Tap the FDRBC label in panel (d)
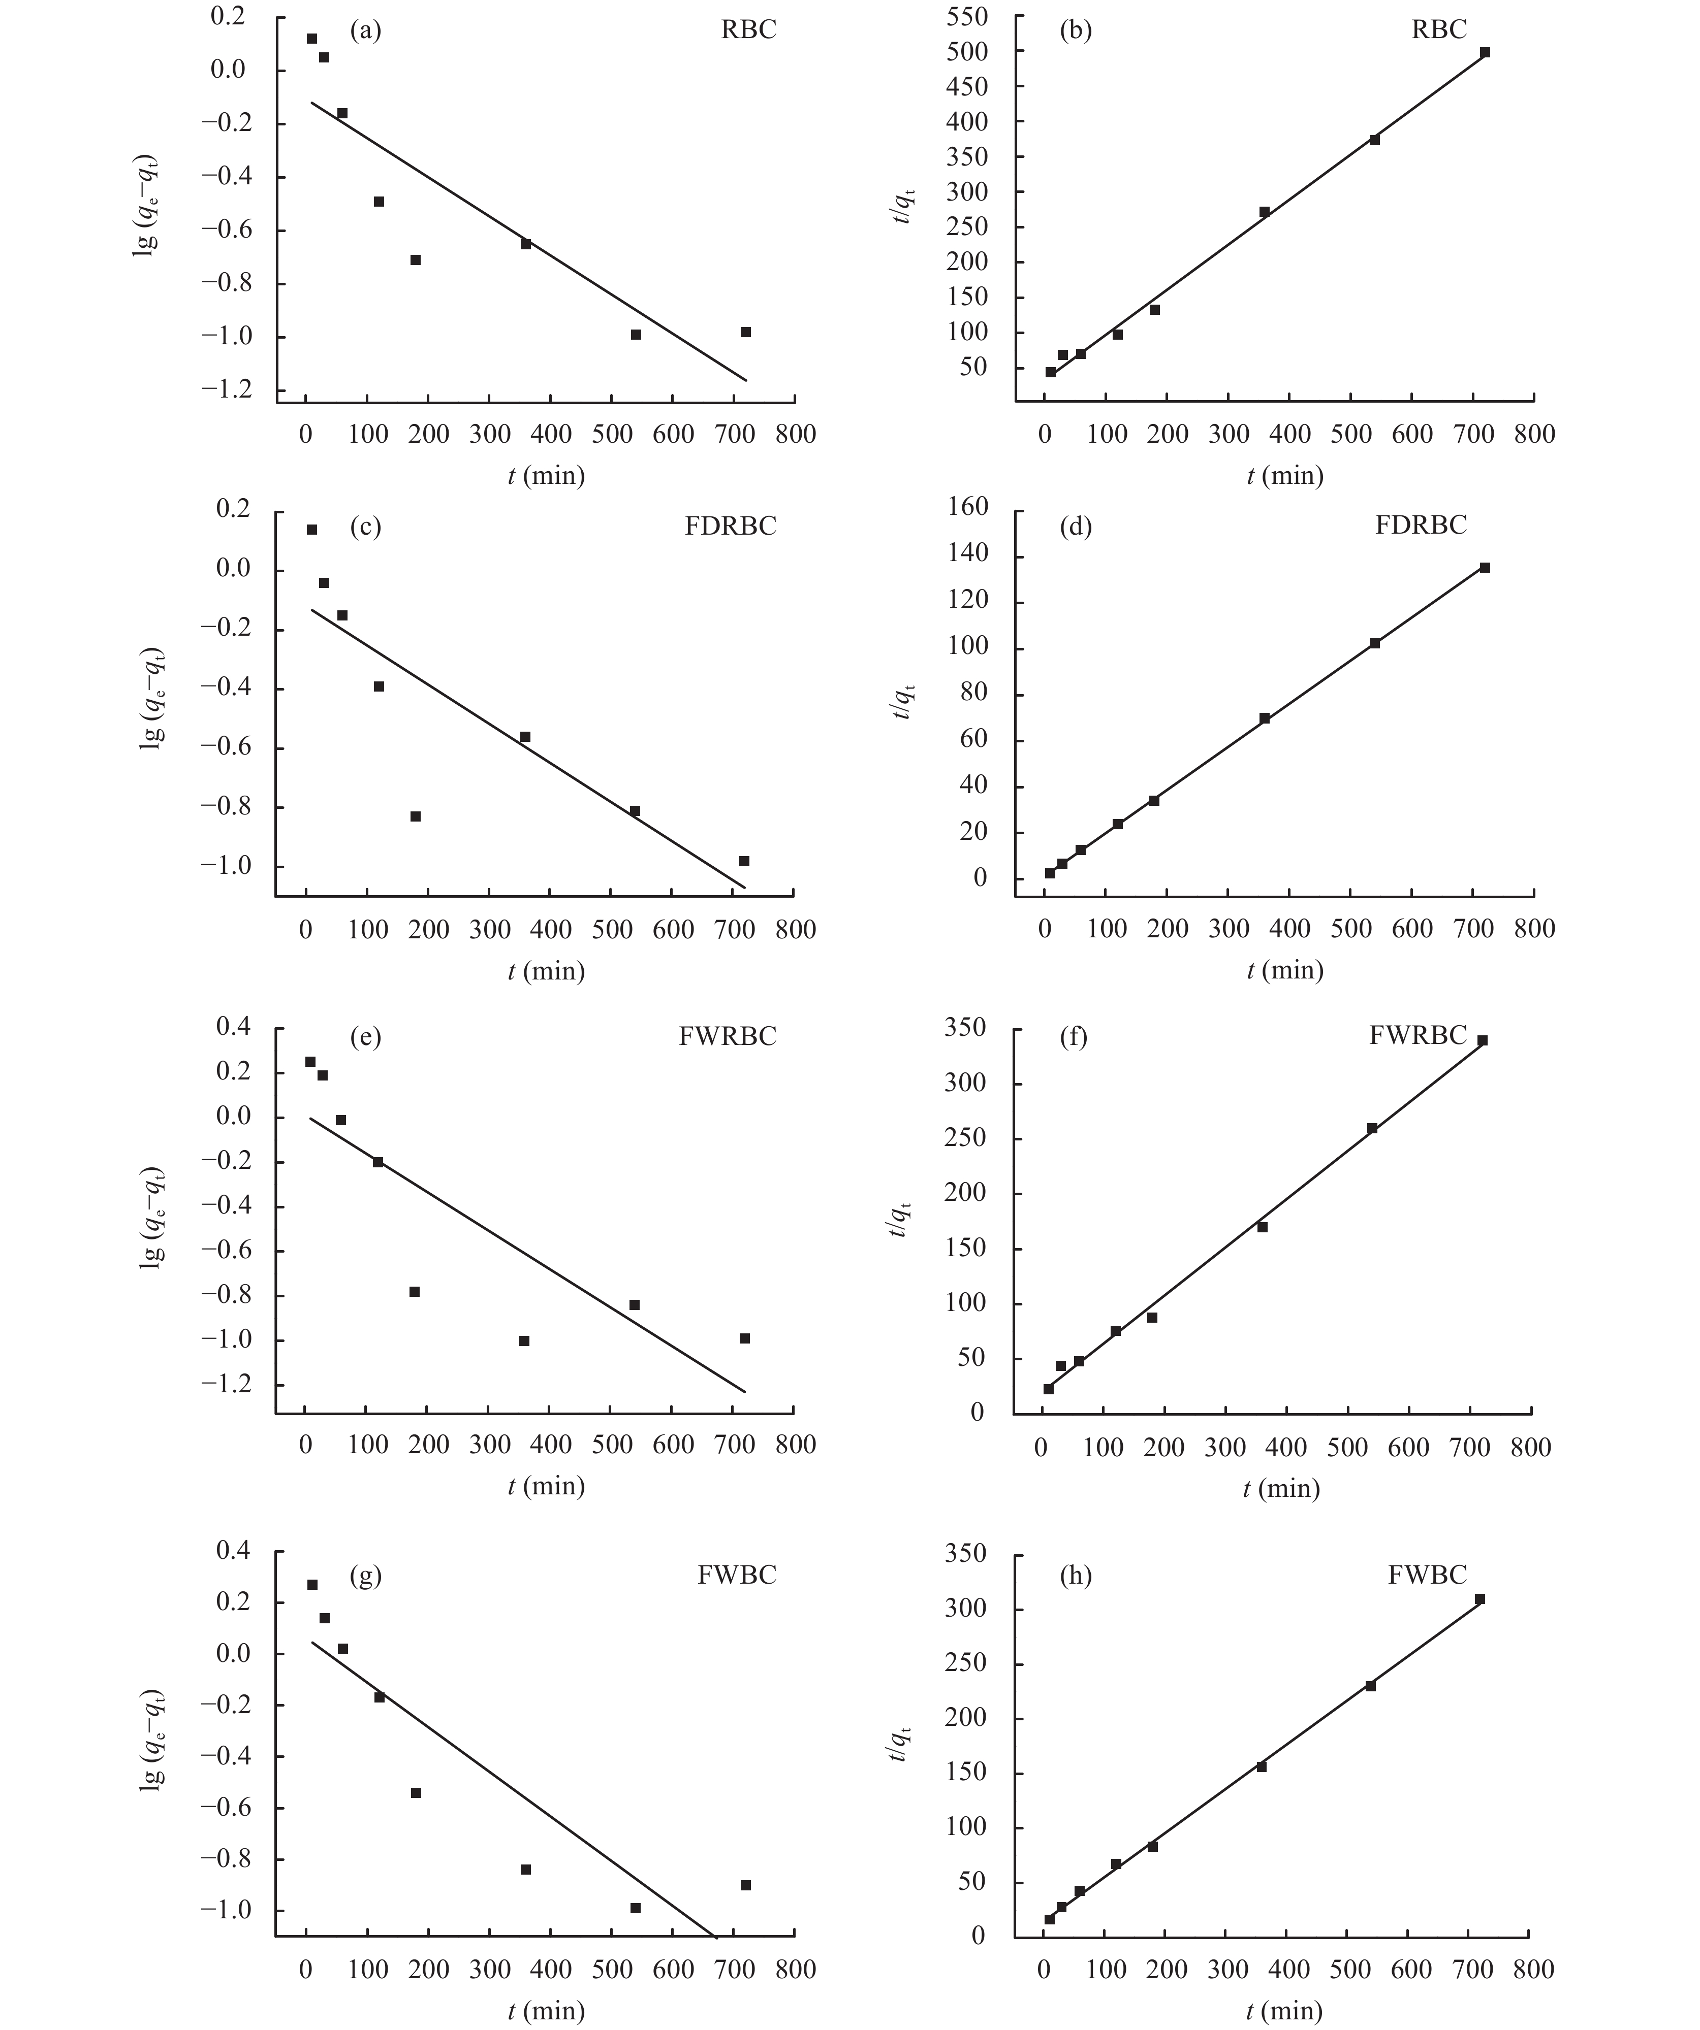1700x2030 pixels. [1421, 525]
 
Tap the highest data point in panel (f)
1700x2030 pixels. [1482, 1040]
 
